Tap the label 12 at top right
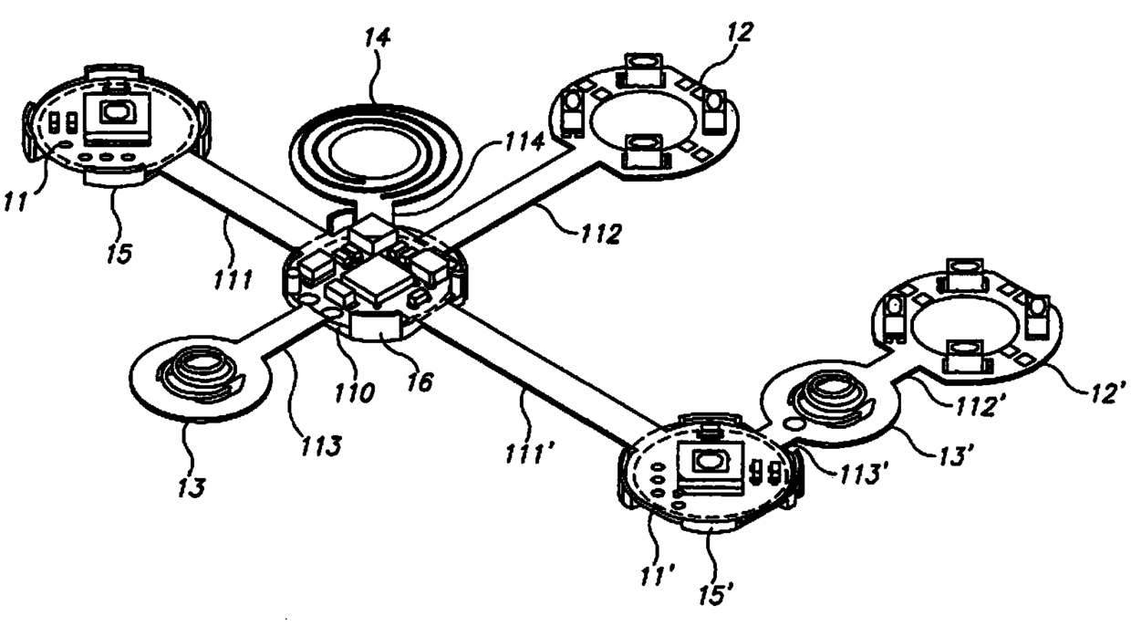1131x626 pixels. pyautogui.click(x=742, y=33)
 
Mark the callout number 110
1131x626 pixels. pyautogui.click(x=355, y=393)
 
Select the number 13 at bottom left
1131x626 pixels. pyautogui.click(x=191, y=485)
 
